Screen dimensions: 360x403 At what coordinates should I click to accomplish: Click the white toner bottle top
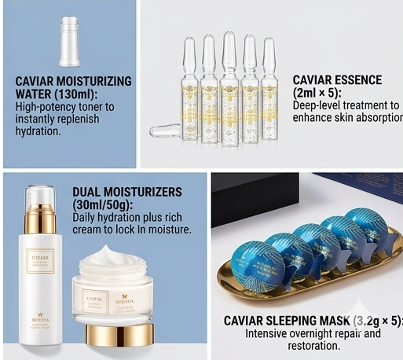[x=71, y=41]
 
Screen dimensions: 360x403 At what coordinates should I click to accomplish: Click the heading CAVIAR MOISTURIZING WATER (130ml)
[x=73, y=87]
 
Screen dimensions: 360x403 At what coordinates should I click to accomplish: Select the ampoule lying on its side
[x=167, y=131]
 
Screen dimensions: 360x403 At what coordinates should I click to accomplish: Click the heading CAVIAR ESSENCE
[x=337, y=80]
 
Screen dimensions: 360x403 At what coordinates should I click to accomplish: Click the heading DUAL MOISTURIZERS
[x=126, y=192]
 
